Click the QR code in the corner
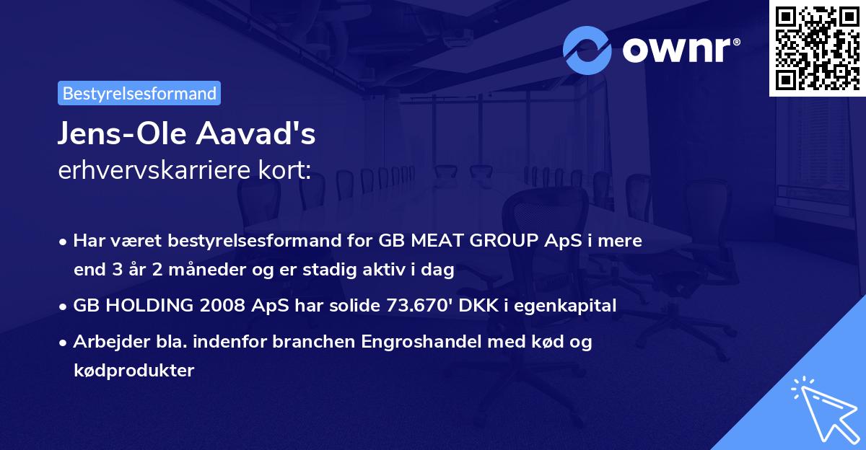point(817,48)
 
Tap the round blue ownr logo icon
point(587,50)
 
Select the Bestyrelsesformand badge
point(139,93)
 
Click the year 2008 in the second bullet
point(215,306)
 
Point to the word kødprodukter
point(134,371)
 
